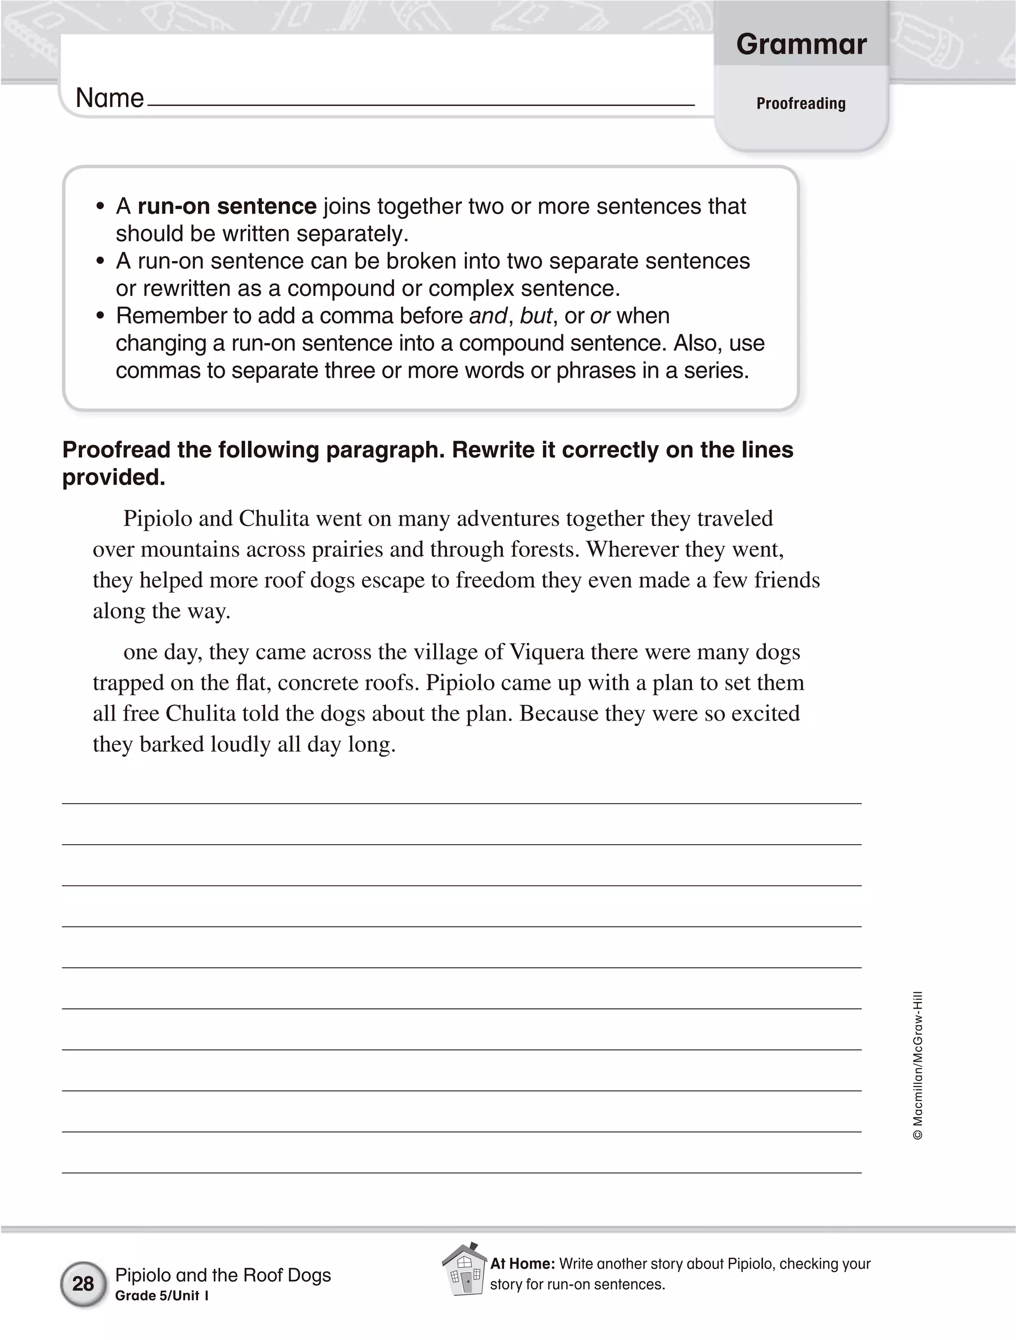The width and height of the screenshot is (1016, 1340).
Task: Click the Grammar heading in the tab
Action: point(801,44)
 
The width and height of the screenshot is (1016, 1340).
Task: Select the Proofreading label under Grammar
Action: point(801,104)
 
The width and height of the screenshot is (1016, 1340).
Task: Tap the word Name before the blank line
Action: point(110,98)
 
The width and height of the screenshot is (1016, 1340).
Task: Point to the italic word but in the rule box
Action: point(536,316)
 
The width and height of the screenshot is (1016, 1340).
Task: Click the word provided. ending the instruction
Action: point(114,477)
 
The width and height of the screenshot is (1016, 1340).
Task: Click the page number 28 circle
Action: point(83,1283)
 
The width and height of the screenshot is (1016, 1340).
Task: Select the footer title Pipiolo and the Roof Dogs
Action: point(223,1275)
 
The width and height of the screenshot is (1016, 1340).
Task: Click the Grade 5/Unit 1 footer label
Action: point(162,1296)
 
